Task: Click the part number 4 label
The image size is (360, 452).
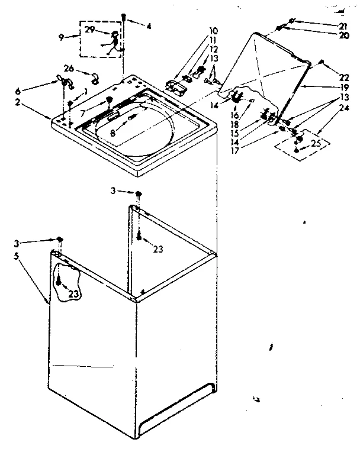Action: pos(149,25)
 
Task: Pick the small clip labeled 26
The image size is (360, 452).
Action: pos(95,78)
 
